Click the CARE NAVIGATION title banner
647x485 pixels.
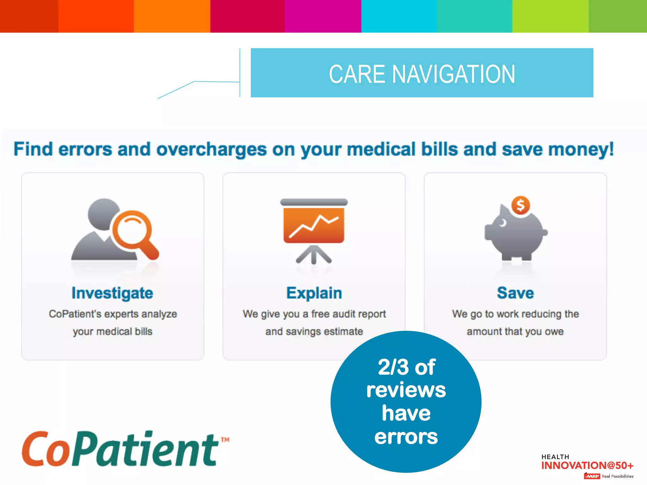click(x=422, y=73)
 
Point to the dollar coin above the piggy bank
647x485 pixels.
click(x=520, y=205)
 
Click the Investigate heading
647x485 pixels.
click(x=112, y=293)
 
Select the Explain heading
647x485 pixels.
click(x=314, y=293)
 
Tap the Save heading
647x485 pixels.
click(x=515, y=293)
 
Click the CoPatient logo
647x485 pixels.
click(x=120, y=449)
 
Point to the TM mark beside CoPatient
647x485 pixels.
click(x=225, y=440)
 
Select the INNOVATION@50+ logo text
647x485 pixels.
click(x=587, y=465)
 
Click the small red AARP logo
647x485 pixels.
click(x=592, y=476)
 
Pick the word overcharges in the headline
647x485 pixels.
click(x=211, y=149)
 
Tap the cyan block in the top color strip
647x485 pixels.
click(x=399, y=16)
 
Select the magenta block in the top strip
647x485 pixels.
click(x=323, y=16)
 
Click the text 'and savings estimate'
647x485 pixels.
click(x=314, y=332)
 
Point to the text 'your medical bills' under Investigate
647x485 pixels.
click(x=112, y=332)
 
